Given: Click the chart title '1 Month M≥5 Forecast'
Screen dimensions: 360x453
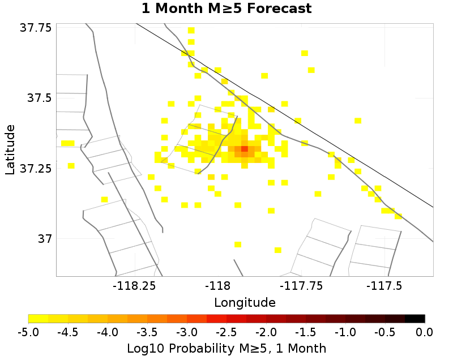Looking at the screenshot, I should pos(226,9).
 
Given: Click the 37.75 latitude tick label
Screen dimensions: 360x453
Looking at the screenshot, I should pos(35,28).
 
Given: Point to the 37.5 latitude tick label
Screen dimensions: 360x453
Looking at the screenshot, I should pos(39,98).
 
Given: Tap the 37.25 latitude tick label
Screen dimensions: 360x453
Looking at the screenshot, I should pos(35,169).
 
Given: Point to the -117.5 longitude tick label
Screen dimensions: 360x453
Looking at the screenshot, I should pos(385,286).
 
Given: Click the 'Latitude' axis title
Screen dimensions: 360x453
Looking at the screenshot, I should pos(10,150).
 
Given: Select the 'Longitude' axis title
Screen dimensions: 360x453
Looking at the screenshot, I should pos(245,302).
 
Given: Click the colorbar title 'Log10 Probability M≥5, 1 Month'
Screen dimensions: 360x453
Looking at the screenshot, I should pos(226,346).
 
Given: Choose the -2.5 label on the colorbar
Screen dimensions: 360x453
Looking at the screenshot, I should pos(227,331).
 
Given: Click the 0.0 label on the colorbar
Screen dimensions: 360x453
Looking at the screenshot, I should pos(425,331).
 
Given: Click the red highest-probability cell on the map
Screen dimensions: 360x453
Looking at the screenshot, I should pos(245,149).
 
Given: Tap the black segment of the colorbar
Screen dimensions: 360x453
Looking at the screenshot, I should pos(415,319).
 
